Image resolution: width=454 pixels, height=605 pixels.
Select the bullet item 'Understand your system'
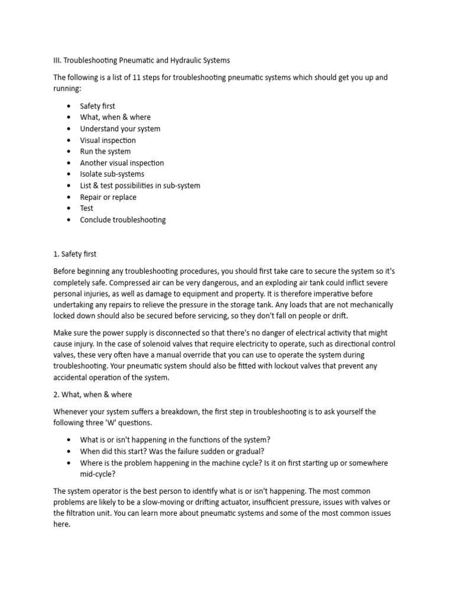tap(120, 129)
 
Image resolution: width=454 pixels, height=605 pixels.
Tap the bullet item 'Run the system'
tap(105, 151)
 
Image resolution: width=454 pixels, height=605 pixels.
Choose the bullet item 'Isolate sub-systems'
tap(112, 174)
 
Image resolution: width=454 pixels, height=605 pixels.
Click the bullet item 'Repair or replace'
tap(108, 197)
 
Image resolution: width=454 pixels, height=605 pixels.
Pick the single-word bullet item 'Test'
tap(87, 208)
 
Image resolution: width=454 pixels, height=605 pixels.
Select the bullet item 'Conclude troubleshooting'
tap(123, 220)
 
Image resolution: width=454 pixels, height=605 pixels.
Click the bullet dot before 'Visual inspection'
tap(69, 141)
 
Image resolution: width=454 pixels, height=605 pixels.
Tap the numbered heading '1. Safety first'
tap(74, 254)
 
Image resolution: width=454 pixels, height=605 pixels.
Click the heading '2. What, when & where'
tap(93, 395)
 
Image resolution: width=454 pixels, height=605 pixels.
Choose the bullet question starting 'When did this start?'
tap(155, 451)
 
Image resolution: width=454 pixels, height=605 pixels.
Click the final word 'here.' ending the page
tap(62, 525)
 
